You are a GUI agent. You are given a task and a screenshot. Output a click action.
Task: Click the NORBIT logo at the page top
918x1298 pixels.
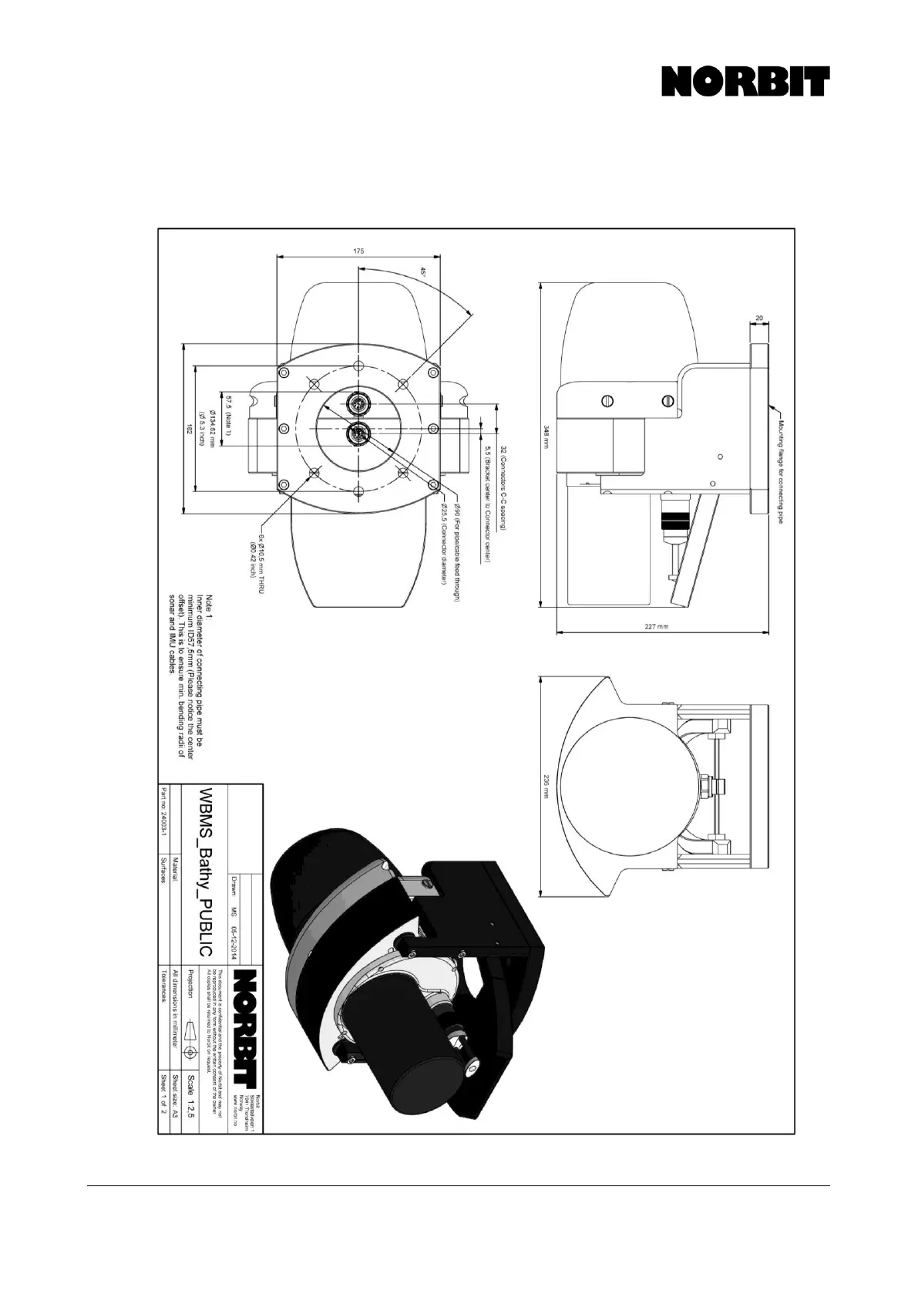pos(745,82)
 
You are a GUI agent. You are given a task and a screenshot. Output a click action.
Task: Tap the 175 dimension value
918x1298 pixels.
pos(358,251)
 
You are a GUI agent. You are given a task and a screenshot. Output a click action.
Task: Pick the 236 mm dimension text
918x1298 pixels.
pos(545,787)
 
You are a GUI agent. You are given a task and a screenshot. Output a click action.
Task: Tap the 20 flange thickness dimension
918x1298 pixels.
pos(759,318)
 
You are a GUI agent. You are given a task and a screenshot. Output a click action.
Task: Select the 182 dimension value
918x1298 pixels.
pos(189,430)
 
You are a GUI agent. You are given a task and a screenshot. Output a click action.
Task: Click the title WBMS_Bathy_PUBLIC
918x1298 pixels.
pos(205,872)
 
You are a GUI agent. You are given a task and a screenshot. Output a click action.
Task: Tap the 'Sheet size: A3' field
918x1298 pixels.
pos(175,1098)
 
